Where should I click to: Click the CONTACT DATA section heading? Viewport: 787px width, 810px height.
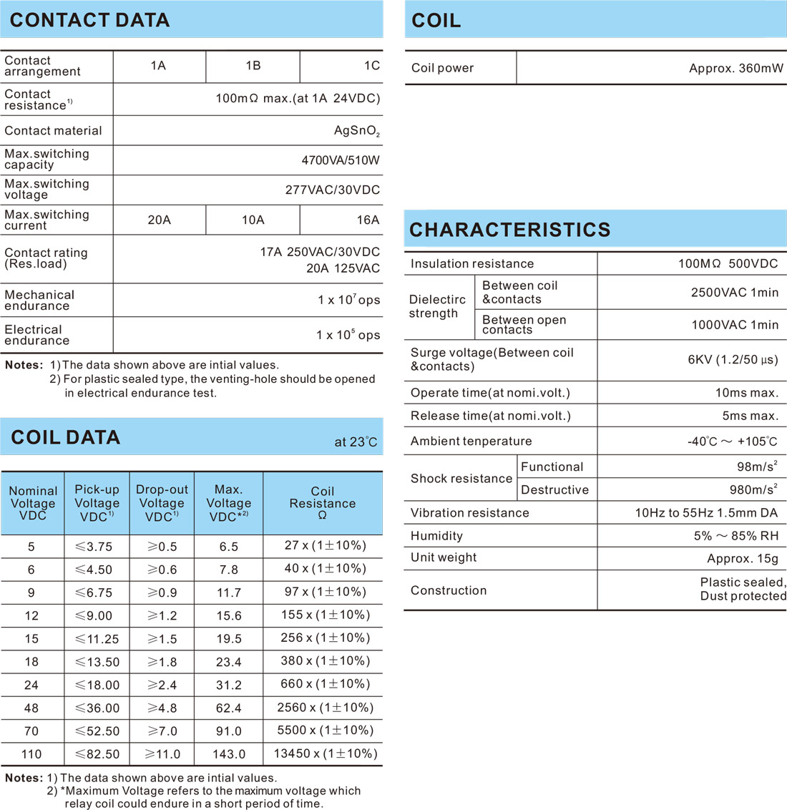[90, 20]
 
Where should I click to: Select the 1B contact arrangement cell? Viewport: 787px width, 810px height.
[253, 66]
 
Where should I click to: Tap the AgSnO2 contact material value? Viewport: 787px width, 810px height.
[357, 131]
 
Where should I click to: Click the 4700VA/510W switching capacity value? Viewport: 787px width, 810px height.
[341, 160]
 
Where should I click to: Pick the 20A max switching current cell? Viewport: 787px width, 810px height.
[159, 220]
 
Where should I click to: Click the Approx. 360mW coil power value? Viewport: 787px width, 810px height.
[735, 69]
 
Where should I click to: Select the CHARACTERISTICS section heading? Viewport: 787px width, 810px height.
[509, 230]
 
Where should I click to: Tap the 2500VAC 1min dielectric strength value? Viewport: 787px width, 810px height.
[734, 293]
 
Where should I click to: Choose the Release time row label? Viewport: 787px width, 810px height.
[490, 416]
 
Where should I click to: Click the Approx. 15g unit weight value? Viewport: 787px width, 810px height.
[742, 558]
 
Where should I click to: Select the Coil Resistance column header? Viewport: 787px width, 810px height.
[322, 503]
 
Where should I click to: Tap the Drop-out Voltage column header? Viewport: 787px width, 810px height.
[162, 503]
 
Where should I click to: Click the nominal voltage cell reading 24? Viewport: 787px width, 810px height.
[31, 685]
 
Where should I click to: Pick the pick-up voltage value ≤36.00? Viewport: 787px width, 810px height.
[97, 708]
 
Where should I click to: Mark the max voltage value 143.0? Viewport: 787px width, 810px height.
[228, 754]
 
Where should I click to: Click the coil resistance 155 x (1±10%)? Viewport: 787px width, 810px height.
[325, 615]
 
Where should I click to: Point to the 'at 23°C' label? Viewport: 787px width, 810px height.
[355, 442]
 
